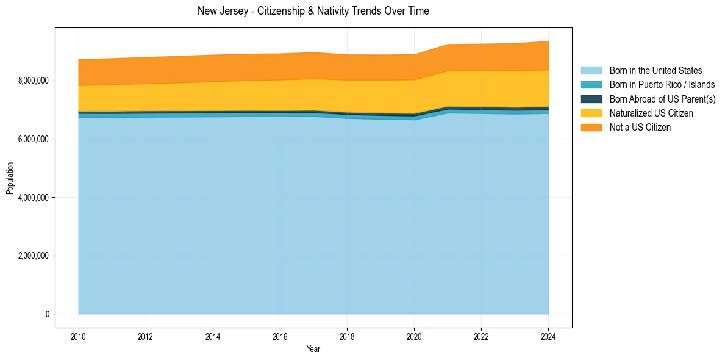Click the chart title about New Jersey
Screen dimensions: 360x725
tap(313, 11)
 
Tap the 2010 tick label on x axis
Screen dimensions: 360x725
tap(79, 336)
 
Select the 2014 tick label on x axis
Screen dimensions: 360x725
tap(213, 336)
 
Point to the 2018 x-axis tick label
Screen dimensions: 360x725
tap(347, 336)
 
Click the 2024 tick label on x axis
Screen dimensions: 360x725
tap(548, 336)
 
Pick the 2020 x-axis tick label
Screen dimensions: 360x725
tap(414, 336)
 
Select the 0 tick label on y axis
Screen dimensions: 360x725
tap(47, 314)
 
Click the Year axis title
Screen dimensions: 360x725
tap(313, 350)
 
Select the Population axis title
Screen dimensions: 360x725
tap(10, 178)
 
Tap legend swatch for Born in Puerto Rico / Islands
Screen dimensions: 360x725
tap(591, 85)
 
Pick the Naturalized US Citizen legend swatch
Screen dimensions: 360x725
tap(591, 113)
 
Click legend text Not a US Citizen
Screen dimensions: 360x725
tap(640, 128)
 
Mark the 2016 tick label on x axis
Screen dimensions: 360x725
tap(280, 336)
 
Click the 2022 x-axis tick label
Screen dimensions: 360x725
tap(481, 336)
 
